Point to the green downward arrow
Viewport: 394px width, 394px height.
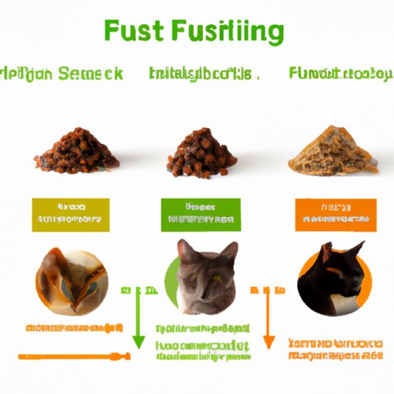click(x=139, y=323)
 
